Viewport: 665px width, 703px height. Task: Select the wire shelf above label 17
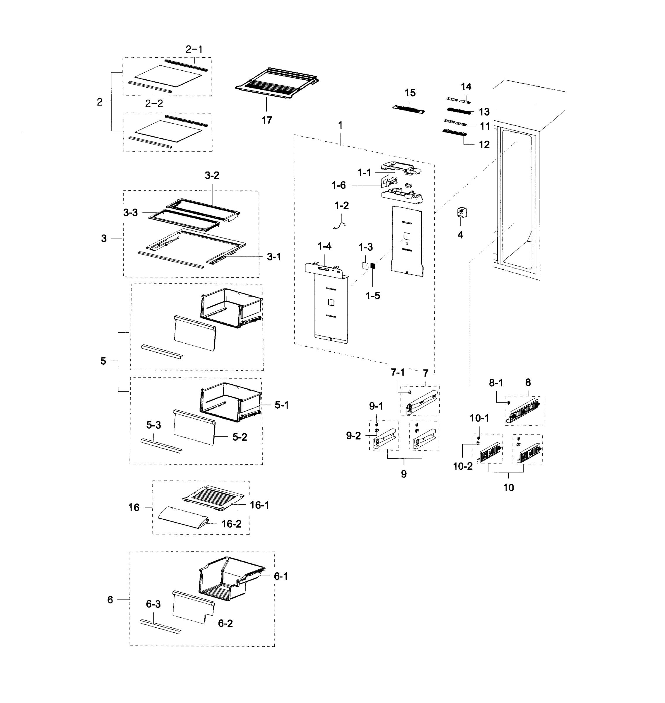(277, 83)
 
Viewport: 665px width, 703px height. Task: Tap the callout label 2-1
(194, 50)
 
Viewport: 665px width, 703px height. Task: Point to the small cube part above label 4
(461, 212)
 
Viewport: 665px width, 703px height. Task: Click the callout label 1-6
(338, 185)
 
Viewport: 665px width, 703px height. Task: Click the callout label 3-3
(130, 213)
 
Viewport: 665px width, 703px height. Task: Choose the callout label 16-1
(259, 505)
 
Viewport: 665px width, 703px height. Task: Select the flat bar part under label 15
(408, 109)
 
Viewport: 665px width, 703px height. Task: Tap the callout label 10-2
(463, 467)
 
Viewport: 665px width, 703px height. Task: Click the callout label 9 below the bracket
(404, 474)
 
